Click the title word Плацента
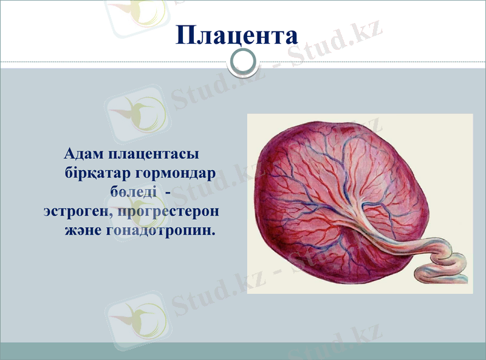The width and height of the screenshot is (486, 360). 237,35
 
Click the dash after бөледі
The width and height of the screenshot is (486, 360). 167,192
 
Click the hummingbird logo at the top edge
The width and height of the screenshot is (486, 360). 135,12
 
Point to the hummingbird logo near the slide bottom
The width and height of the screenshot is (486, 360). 135,316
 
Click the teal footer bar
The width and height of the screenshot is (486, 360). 243,351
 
